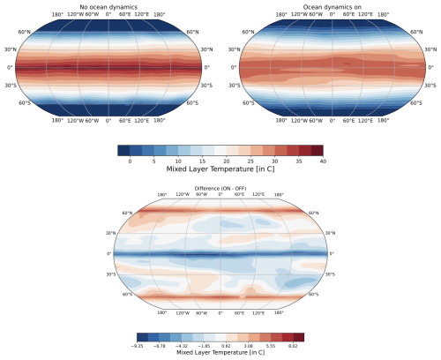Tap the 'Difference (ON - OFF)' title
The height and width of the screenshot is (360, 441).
(220, 189)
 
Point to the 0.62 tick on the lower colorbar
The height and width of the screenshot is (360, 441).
(230, 346)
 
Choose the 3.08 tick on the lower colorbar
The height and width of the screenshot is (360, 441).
(250, 346)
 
